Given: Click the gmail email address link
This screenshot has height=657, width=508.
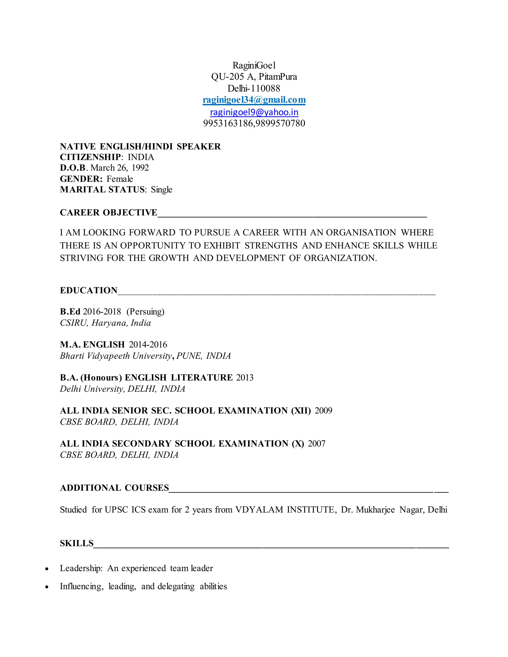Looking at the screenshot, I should point(254,100).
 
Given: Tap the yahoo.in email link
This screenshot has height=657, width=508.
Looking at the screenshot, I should point(254,112).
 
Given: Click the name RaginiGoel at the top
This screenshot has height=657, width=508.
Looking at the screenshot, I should point(254,65).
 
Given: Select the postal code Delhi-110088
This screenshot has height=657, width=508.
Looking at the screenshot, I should point(254,89).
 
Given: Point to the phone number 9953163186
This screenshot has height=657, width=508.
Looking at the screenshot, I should point(228,123).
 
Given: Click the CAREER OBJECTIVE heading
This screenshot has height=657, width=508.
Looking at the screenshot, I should point(108,213).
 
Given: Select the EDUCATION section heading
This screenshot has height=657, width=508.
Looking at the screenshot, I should point(89,290).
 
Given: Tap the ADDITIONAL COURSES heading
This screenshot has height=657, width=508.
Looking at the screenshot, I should point(114,488).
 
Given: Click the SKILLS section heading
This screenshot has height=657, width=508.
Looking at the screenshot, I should point(77,543).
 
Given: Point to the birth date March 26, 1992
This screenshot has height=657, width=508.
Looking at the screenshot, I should point(120,168).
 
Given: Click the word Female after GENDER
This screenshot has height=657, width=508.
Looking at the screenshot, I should point(120,179).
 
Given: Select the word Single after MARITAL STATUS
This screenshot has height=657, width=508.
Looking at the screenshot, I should point(162,189).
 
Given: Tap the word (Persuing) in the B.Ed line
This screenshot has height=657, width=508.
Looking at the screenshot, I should point(145,312).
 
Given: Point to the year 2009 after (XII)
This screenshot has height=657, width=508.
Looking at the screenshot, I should point(323,411).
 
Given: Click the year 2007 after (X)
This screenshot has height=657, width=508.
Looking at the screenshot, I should point(316,444).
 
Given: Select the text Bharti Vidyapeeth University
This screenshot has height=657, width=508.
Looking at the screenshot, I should point(116,356).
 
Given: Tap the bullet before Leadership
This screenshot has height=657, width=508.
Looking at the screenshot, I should point(47,568).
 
